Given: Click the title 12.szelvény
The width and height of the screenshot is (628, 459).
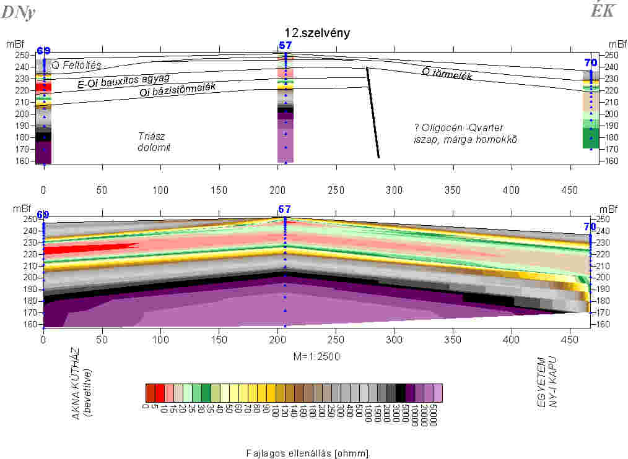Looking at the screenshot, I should point(316,33).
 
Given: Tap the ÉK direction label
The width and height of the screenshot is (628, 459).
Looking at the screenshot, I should point(601,11).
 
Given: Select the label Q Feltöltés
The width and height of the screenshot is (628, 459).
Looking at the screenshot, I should point(76,65).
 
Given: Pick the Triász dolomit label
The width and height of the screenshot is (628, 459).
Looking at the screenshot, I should point(152,141).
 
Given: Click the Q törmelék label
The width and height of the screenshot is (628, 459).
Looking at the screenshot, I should point(447,74).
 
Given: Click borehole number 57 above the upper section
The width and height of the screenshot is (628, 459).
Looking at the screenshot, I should point(285,45).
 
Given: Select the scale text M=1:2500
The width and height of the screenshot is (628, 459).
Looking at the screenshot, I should point(317,356).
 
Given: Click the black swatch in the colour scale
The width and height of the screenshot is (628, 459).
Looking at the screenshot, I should point(401,393).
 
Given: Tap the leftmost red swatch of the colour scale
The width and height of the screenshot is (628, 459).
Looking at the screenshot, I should point(150,393).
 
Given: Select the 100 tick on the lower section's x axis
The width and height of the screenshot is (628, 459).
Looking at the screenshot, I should point(160,340).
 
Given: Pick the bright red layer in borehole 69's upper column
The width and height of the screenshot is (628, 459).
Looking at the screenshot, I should point(43,87).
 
